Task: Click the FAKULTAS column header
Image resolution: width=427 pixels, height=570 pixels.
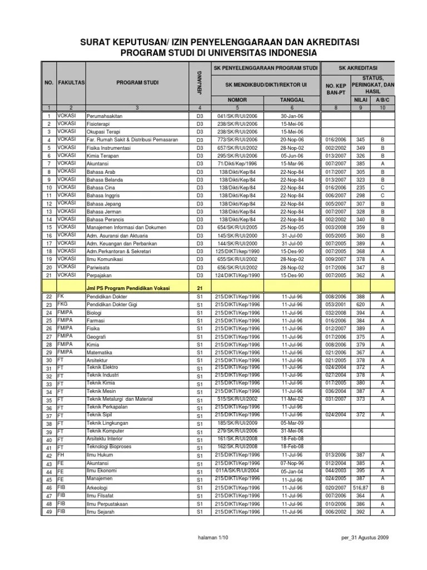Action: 71,82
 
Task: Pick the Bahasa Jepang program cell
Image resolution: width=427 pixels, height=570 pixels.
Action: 103,204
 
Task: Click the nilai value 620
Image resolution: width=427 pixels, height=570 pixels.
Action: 361,306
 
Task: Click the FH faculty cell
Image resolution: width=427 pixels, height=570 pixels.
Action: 61,455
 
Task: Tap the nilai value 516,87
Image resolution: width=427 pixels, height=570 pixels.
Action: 361,488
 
